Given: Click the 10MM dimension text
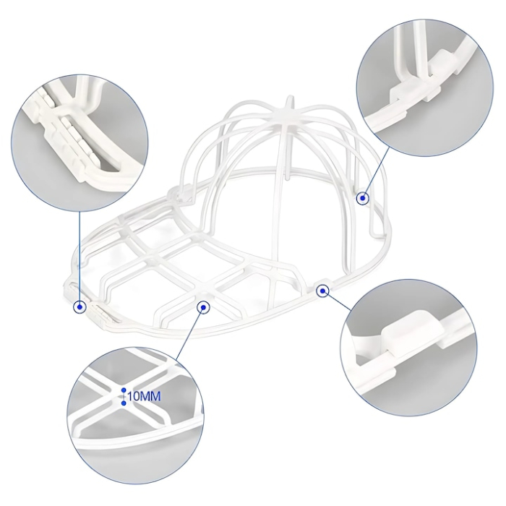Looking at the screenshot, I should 145,397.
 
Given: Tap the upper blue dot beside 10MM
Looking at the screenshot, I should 124,390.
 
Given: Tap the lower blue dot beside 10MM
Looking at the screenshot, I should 124,403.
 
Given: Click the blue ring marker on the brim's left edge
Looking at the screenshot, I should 80,306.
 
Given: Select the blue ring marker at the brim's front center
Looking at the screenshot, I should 203,306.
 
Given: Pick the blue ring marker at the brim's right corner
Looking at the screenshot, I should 322,291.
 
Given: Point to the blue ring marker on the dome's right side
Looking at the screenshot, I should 362,197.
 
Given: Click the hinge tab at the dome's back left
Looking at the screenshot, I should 179,192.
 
